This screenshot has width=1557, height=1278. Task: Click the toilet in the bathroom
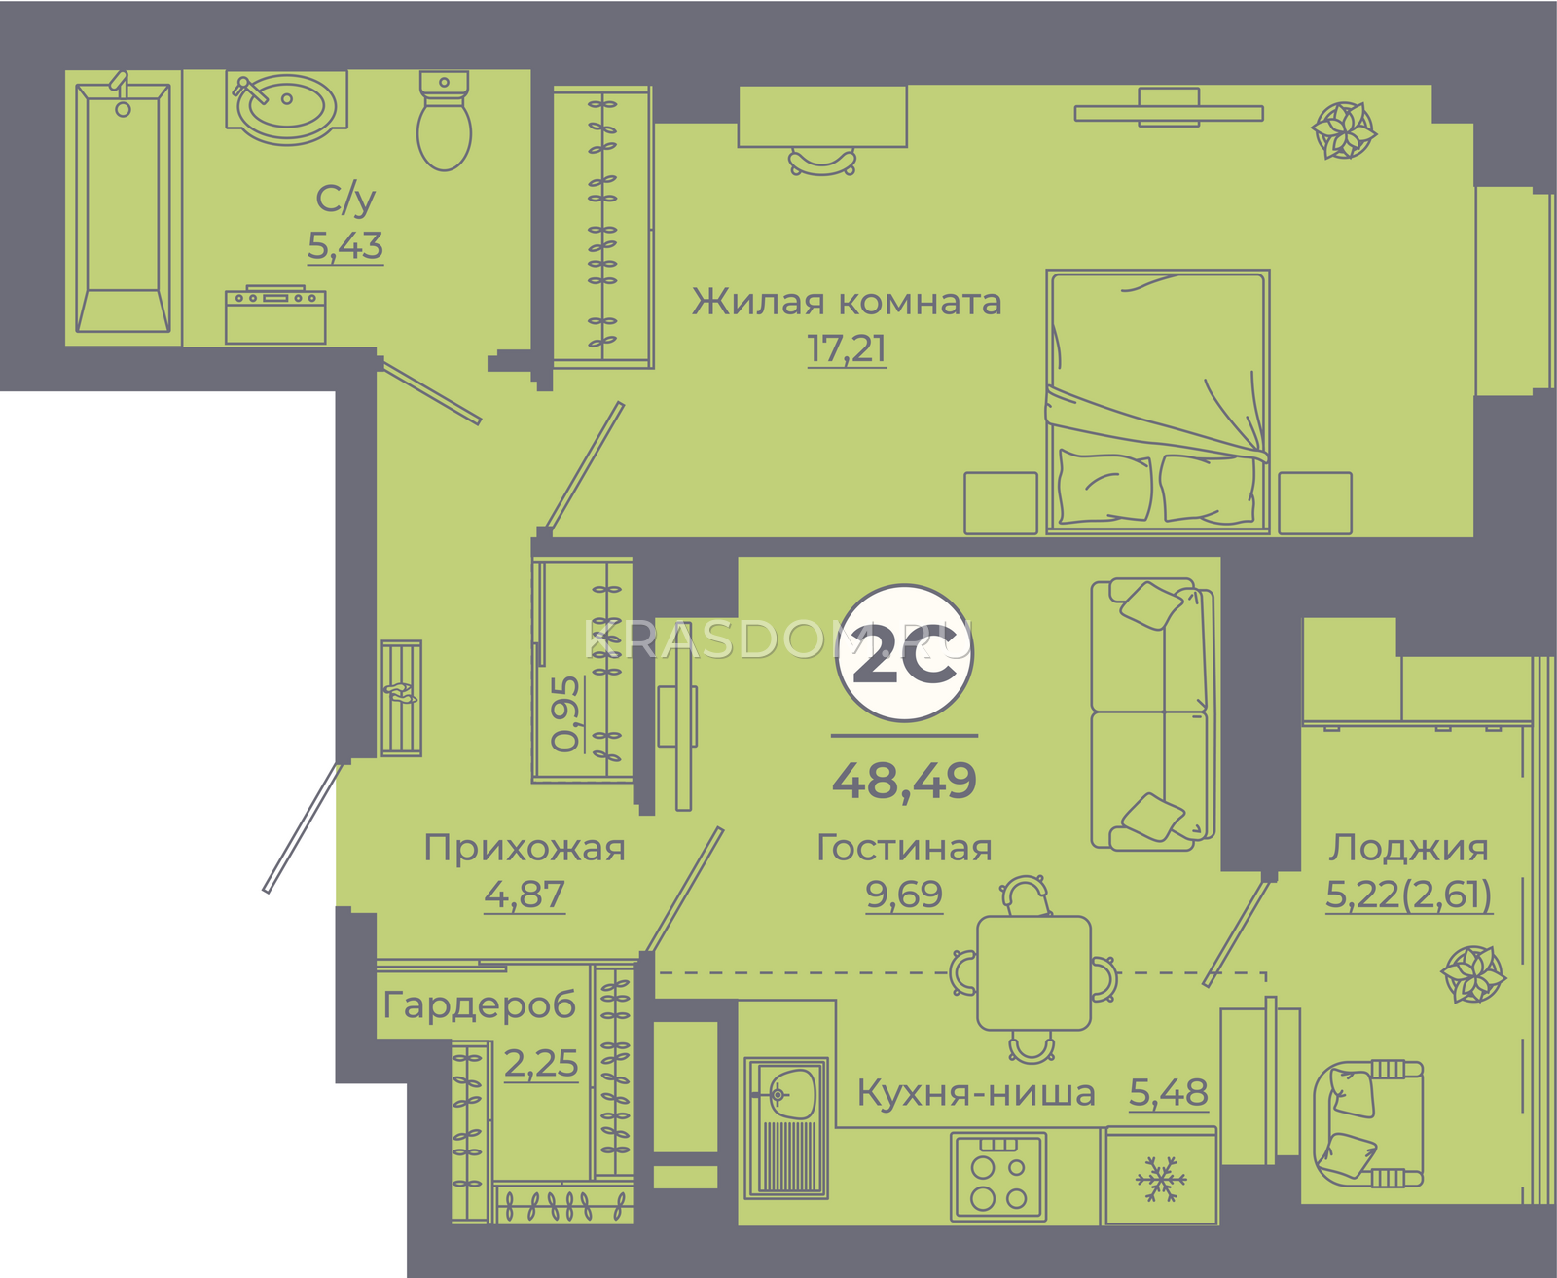(444, 121)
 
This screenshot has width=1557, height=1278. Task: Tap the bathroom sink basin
(286, 108)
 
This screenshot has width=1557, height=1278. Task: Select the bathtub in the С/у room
(124, 207)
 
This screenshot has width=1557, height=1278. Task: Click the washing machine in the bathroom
(275, 314)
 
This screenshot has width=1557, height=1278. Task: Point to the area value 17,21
(847, 349)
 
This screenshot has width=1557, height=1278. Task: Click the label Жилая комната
(847, 301)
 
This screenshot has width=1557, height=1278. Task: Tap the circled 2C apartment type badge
(904, 653)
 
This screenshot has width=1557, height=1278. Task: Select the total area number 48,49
(904, 781)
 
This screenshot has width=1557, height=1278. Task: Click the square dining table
(1033, 973)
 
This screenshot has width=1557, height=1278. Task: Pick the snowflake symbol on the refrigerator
(1161, 1179)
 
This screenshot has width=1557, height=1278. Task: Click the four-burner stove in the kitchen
(998, 1177)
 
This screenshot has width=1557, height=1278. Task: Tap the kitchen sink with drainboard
(786, 1127)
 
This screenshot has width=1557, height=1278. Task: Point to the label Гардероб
(479, 1005)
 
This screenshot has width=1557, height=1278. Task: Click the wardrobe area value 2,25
(541, 1063)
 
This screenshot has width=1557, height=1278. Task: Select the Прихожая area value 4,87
(525, 895)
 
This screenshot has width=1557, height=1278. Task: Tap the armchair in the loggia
(1368, 1124)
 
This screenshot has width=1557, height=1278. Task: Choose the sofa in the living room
(1152, 713)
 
